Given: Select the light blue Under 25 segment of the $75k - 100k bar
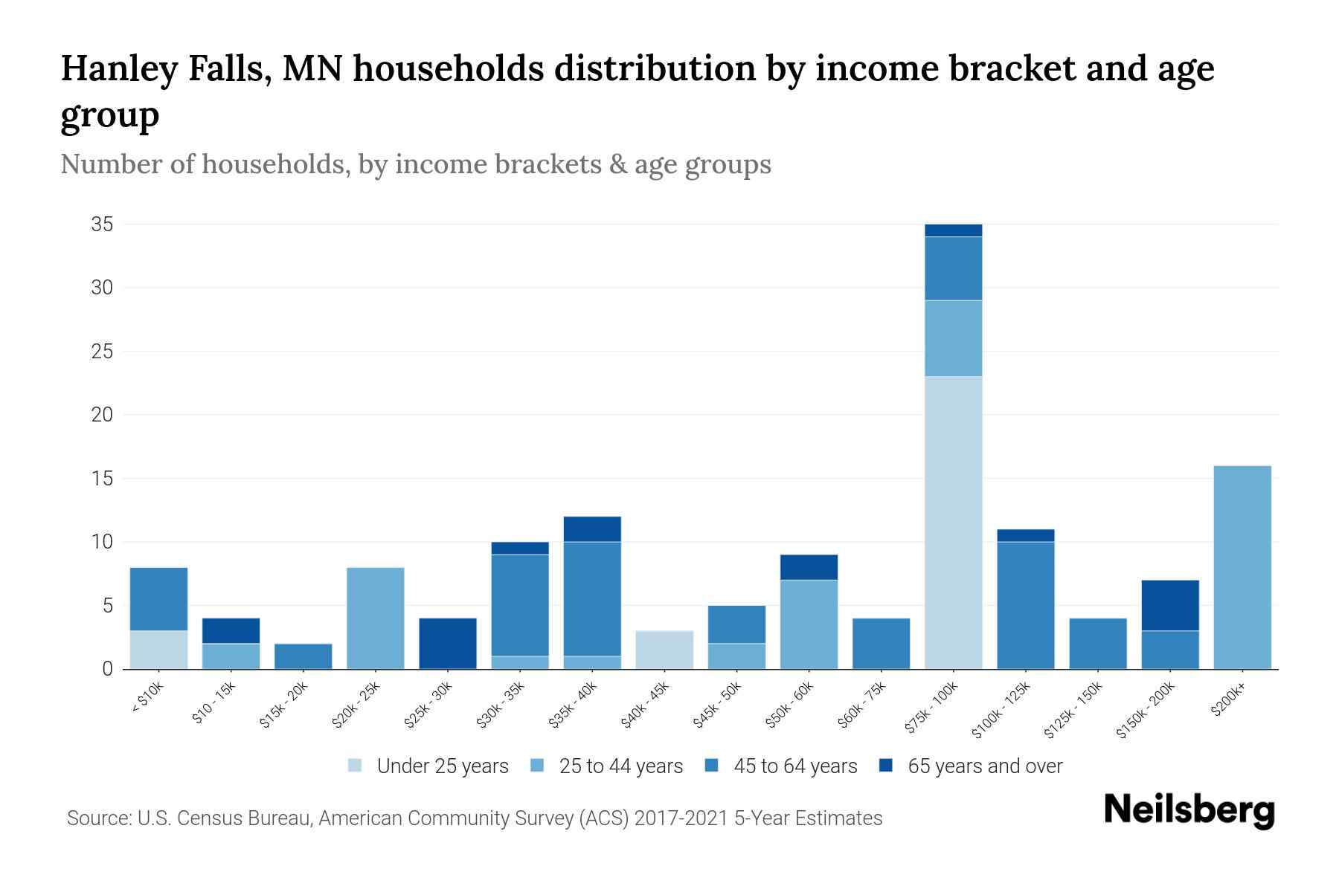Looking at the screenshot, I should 953,523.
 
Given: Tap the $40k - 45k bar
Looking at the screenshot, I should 664,650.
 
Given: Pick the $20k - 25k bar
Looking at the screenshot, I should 376,618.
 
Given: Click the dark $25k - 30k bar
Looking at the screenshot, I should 448,643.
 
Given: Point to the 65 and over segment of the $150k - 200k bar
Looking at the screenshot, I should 1169,605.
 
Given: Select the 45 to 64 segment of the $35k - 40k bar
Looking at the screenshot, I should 592,598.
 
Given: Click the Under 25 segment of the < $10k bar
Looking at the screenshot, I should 158,650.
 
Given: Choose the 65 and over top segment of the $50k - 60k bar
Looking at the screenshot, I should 809,566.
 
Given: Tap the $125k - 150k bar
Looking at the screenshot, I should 1097,643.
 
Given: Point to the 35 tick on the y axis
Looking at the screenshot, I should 102,224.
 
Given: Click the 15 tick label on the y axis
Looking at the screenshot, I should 102,479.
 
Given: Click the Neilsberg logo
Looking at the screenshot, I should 1189,810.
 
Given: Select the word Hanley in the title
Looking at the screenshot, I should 120,69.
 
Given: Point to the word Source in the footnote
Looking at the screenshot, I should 97,818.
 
